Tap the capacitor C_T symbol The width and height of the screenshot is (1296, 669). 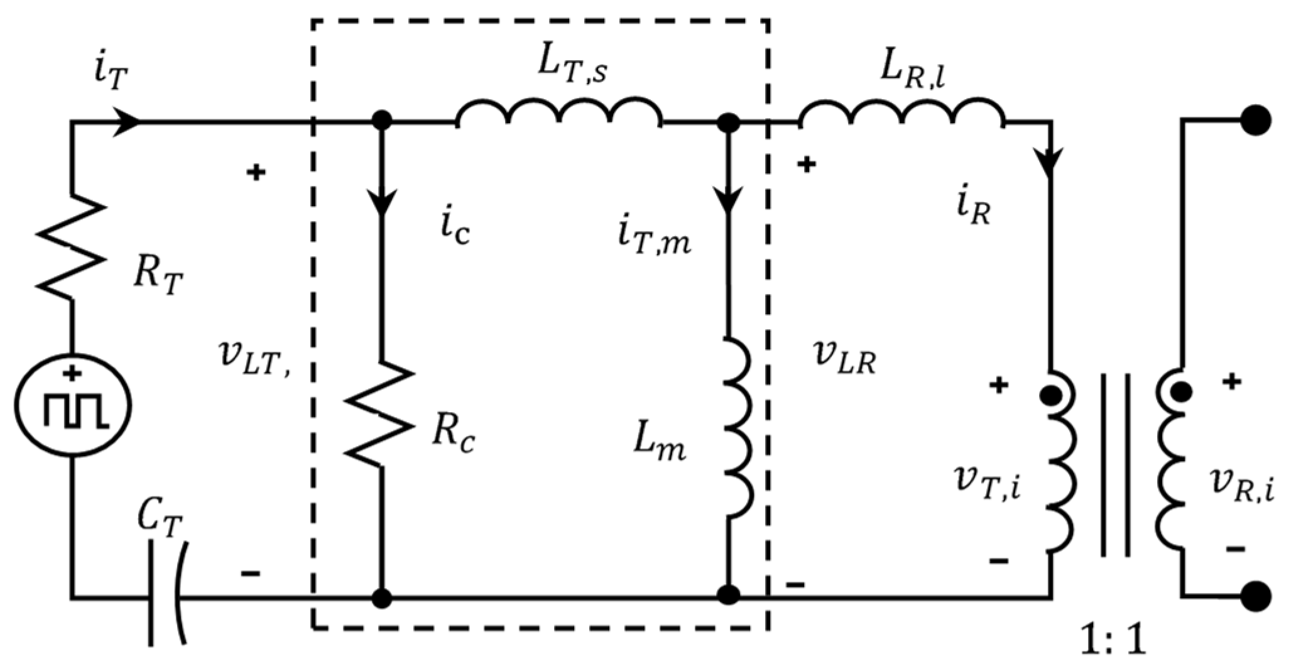tap(165, 596)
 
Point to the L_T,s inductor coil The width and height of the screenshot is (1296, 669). tap(558, 113)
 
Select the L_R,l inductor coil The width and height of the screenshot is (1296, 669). tap(901, 113)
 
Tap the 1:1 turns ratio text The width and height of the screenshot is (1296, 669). tap(1113, 640)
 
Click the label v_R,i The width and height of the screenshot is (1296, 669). tap(1241, 484)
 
